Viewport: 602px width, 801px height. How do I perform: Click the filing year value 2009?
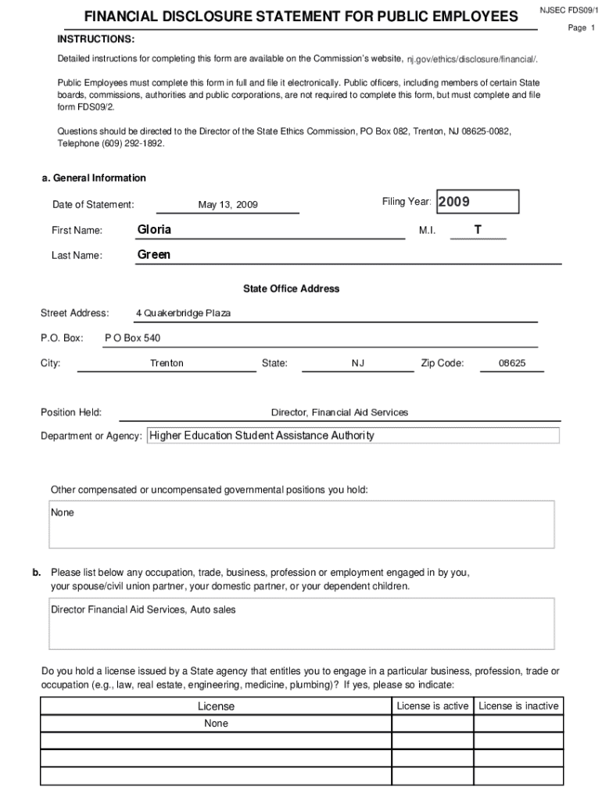(x=453, y=202)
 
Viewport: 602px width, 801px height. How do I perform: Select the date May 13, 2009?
(x=228, y=205)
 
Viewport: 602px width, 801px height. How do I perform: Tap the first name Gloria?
(x=154, y=230)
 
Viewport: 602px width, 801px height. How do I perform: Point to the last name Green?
(x=154, y=255)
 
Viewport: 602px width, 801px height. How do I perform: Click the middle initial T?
(x=478, y=230)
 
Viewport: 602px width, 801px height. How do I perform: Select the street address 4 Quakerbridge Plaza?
(x=183, y=314)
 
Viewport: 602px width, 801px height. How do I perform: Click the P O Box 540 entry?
(x=132, y=339)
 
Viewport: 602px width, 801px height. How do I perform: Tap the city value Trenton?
(x=167, y=364)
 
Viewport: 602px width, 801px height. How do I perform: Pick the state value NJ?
(x=358, y=364)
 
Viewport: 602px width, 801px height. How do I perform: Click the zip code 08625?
(x=512, y=364)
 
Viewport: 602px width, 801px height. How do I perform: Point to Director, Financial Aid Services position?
(x=339, y=412)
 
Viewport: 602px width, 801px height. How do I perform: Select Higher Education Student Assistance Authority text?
(x=262, y=436)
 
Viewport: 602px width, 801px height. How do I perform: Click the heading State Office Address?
(x=291, y=289)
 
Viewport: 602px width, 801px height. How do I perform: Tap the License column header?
(x=216, y=706)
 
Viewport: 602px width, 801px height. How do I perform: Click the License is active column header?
(x=432, y=706)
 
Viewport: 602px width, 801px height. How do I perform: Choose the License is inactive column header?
(x=518, y=706)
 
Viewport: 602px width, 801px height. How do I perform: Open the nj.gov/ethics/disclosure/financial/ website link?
(x=471, y=59)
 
